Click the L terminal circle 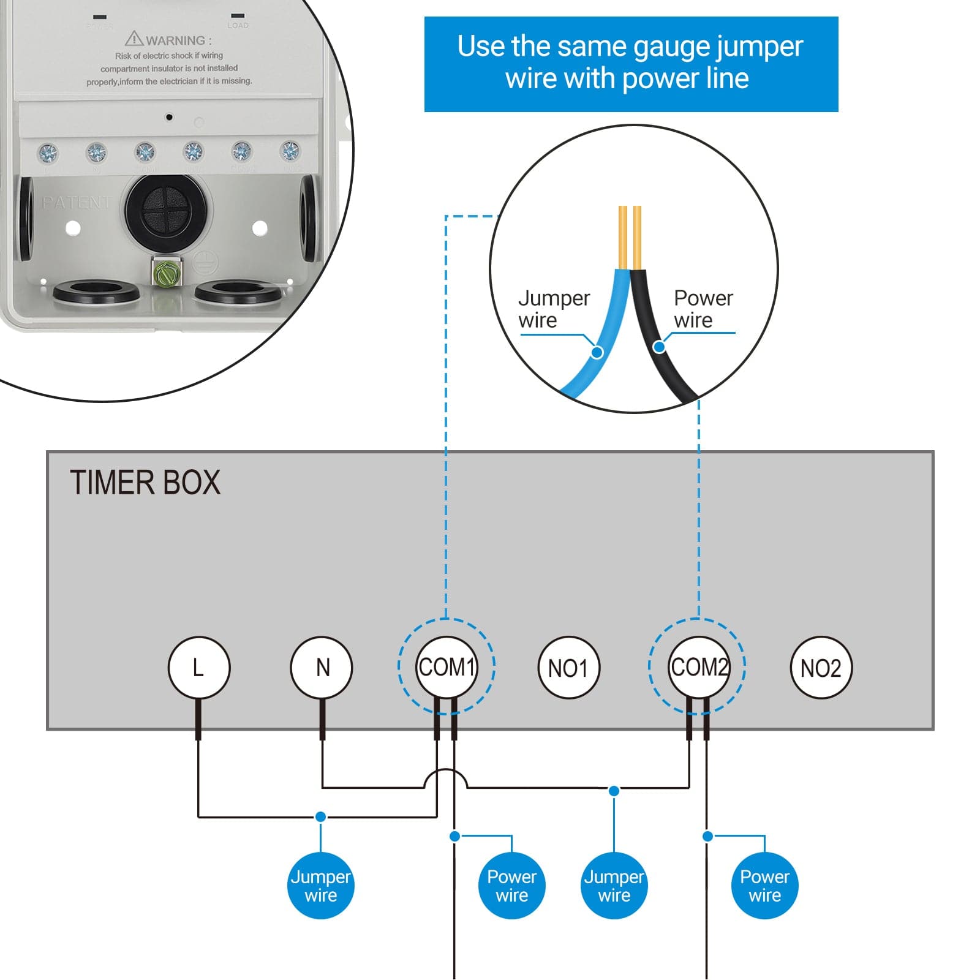(198, 668)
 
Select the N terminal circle (322, 668)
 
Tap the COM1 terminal (447, 667)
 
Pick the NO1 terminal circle (568, 668)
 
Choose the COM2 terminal (698, 667)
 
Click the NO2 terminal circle (821, 668)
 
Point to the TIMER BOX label (145, 483)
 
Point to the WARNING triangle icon (134, 39)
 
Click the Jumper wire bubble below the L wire (320, 886)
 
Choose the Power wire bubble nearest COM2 (764, 886)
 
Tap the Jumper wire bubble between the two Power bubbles (614, 886)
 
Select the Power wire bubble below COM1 (511, 886)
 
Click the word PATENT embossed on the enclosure (77, 202)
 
